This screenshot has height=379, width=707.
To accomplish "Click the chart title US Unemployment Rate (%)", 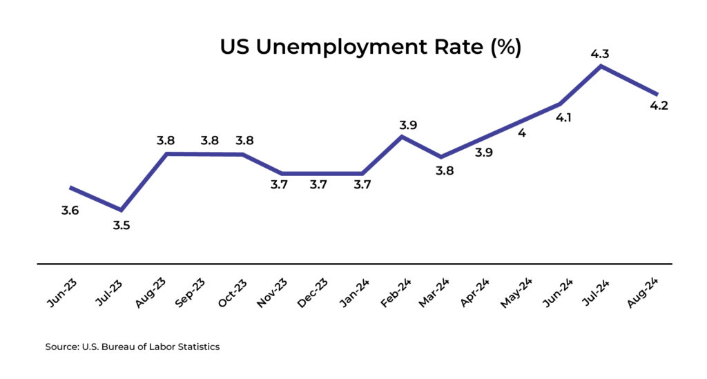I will [x=370, y=47].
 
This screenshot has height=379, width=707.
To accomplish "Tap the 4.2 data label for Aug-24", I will [x=659, y=106].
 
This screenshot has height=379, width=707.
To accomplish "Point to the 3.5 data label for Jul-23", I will [x=122, y=224].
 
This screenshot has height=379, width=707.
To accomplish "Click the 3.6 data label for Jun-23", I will [x=70, y=211].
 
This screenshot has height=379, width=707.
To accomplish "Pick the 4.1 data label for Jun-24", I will [x=563, y=117].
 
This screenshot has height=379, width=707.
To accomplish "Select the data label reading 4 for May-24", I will [x=522, y=133].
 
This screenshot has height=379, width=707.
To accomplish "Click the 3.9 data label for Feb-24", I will [x=409, y=125].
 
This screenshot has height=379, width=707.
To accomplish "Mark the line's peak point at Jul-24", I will [x=602, y=66].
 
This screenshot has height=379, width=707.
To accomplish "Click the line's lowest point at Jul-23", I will [x=122, y=210].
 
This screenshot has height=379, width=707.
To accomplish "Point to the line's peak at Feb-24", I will [x=403, y=137].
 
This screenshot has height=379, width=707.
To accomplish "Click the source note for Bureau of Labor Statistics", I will [x=133, y=347].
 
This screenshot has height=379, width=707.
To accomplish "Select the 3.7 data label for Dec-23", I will [x=318, y=185].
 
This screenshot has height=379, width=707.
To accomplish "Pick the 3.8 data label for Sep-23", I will [x=210, y=141].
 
